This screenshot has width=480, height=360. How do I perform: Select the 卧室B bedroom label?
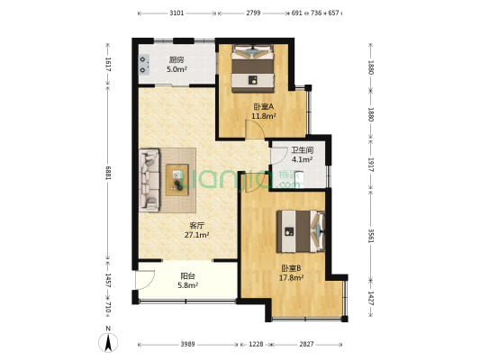tap(291, 269)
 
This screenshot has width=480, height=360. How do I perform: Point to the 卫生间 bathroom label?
tap(302, 150)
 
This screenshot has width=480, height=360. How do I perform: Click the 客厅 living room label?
tap(197, 225)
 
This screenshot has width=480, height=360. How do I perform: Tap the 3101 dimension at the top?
tap(177, 13)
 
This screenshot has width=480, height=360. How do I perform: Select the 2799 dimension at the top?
tap(253, 13)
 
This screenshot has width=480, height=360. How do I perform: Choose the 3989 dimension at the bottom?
tap(186, 344)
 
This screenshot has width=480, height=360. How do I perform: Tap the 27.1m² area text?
tap(197, 235)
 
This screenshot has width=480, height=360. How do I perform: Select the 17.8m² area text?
tap(291, 278)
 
